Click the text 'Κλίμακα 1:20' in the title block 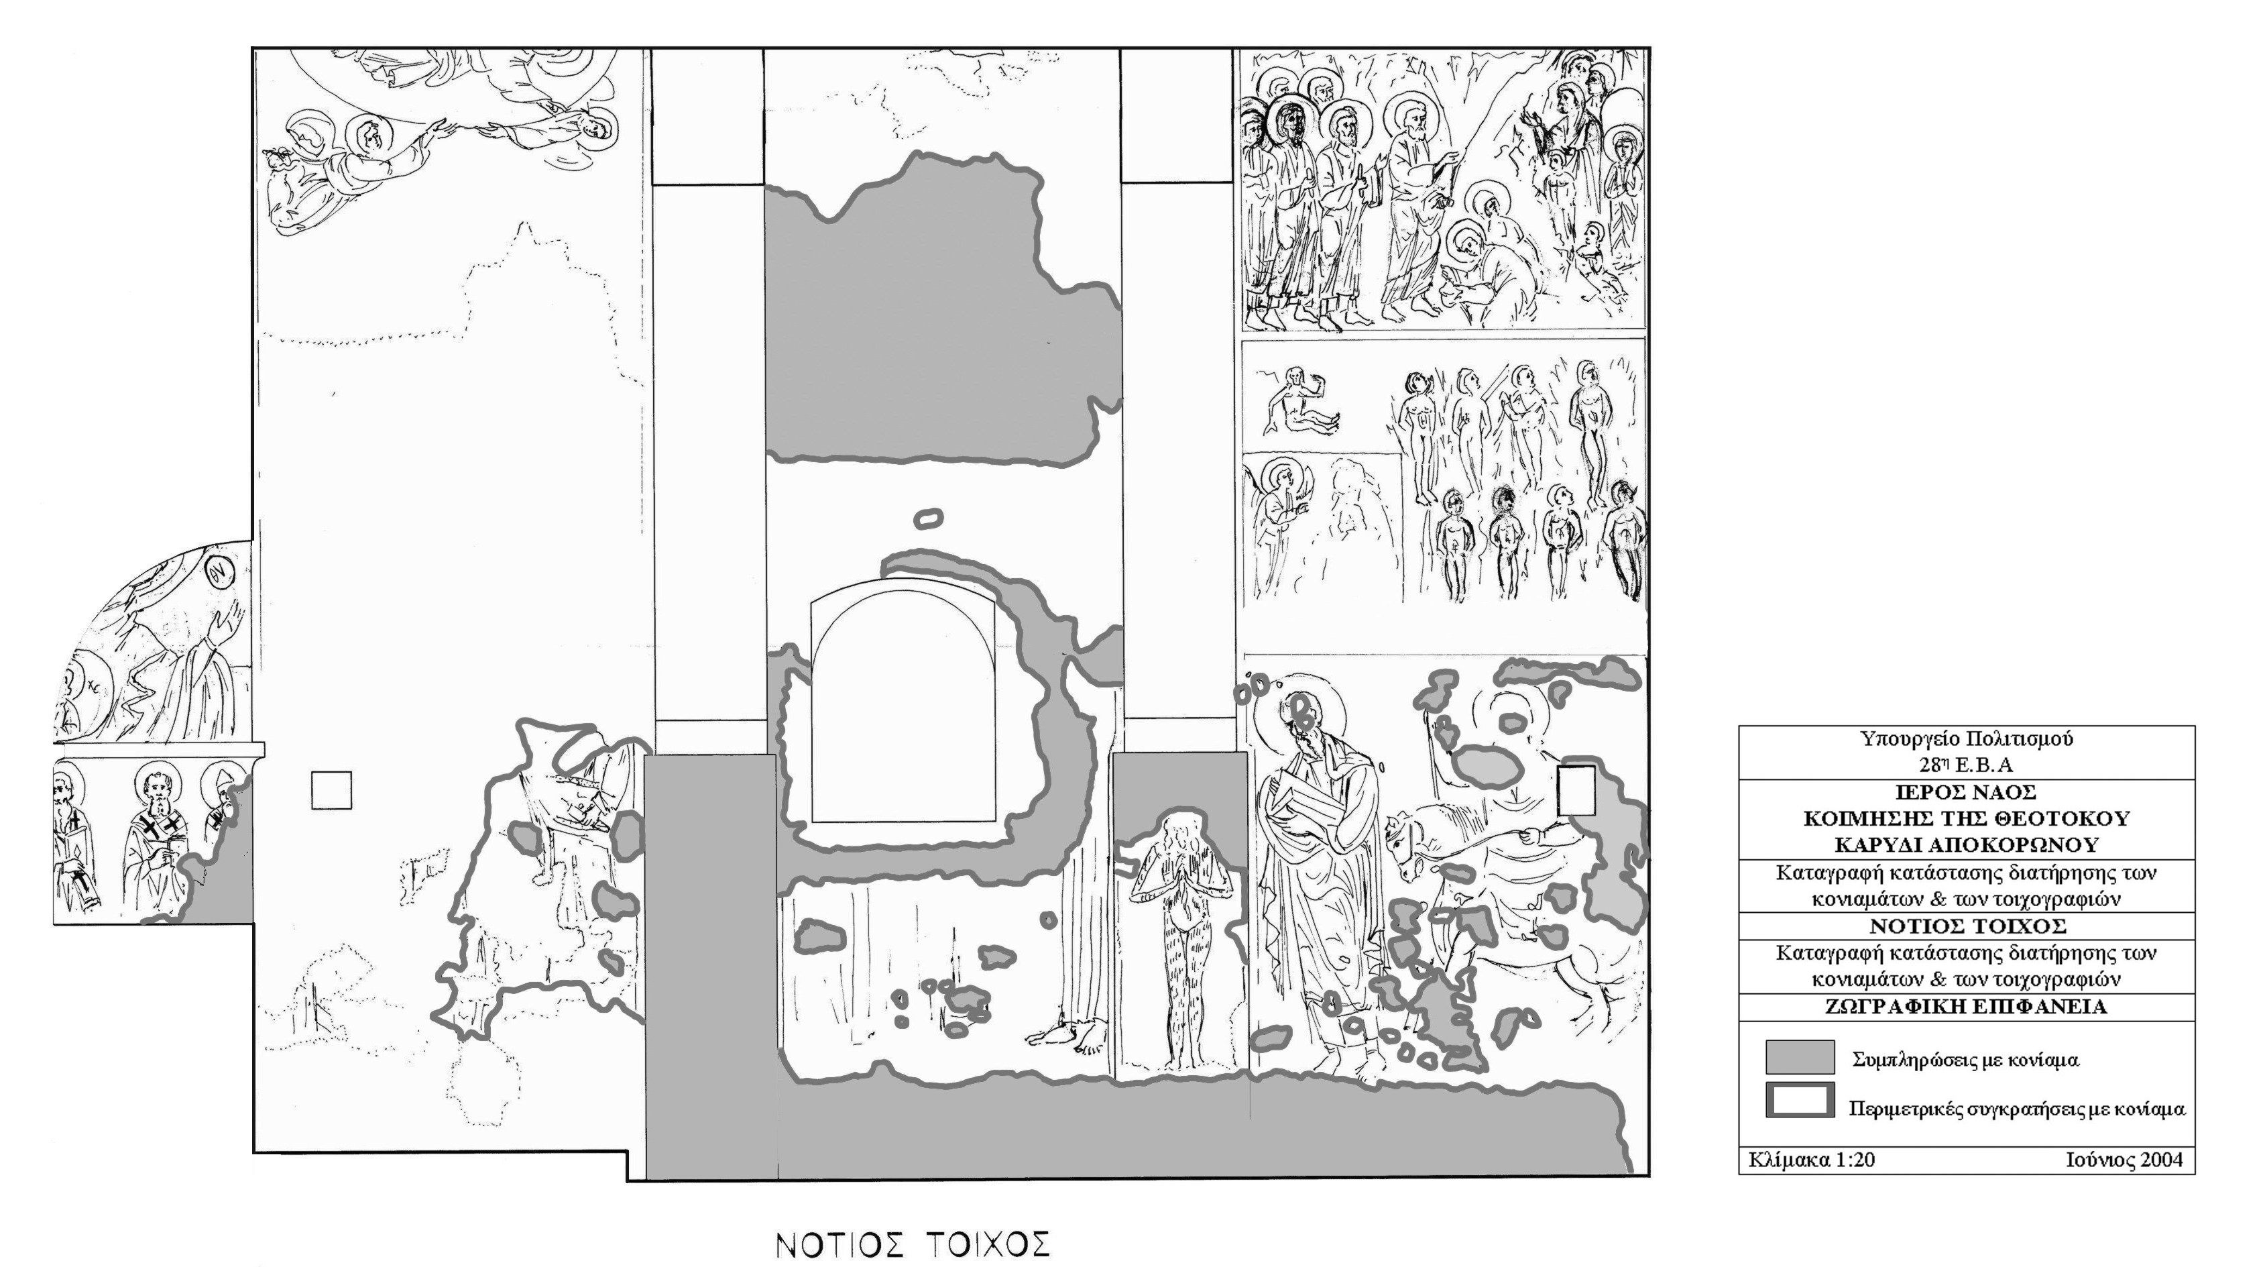pos(1812,1160)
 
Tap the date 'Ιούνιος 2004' pos(2124,1160)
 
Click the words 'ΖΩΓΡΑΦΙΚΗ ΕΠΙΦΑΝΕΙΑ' pos(1966,1007)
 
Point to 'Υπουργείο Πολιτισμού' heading pos(1966,739)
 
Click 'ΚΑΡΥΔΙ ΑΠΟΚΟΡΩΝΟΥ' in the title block pos(1966,844)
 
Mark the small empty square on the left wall pos(332,790)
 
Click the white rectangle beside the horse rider pos(1576,791)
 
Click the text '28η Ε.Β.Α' pos(1966,765)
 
